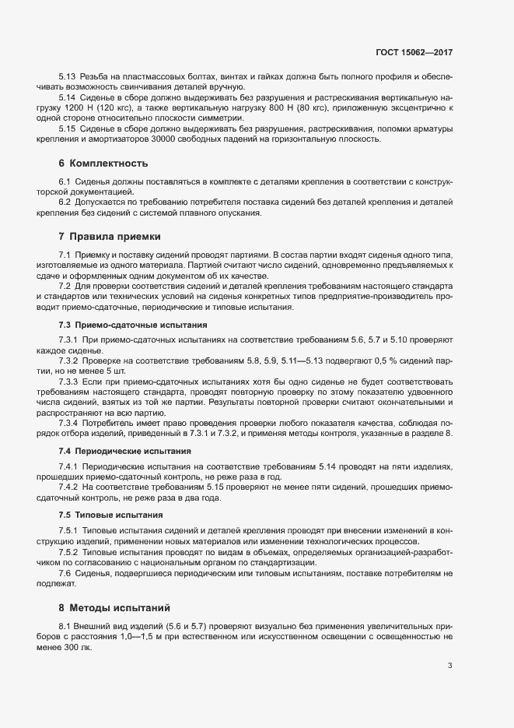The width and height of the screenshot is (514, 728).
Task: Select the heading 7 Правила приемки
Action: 108,235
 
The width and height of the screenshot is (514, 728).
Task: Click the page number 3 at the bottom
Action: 451,666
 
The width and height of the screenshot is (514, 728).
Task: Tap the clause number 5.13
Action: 67,78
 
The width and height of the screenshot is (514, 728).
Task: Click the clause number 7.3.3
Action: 69,385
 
